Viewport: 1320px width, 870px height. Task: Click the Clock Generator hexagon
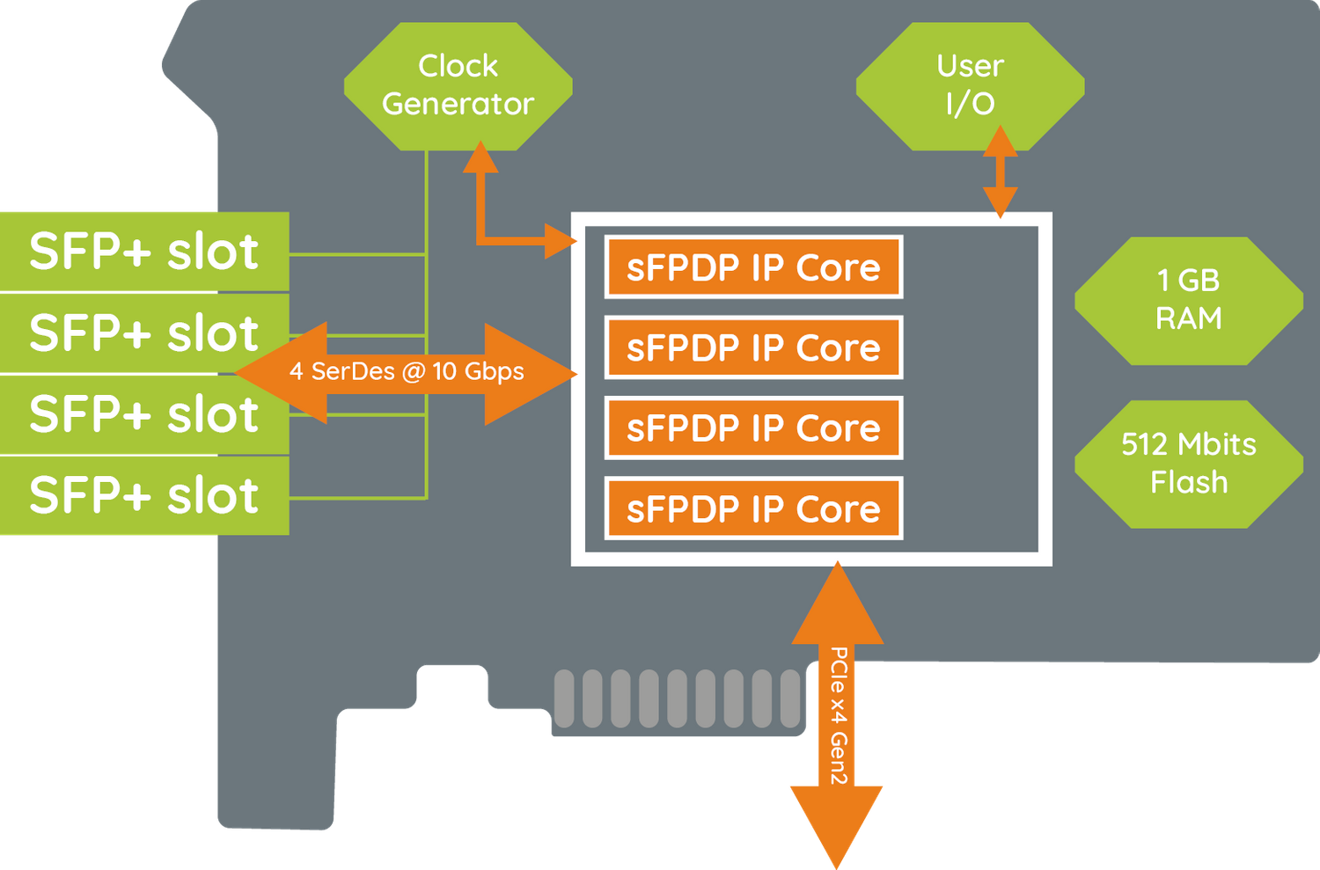point(458,85)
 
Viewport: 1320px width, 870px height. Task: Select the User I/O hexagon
point(970,85)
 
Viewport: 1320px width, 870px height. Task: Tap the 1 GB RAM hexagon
point(1188,300)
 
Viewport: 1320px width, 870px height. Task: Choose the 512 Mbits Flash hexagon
point(1188,464)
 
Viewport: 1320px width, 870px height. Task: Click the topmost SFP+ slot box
point(143,252)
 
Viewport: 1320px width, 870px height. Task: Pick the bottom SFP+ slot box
point(143,495)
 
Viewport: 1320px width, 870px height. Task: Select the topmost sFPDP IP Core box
point(753,267)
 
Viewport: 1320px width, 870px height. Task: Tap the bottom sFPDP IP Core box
point(753,509)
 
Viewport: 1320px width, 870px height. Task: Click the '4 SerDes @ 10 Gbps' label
point(407,372)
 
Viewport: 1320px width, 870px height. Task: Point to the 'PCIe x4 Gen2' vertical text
point(838,715)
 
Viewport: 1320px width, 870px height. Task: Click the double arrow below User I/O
point(1000,172)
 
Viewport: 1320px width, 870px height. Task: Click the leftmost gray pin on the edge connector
point(564,698)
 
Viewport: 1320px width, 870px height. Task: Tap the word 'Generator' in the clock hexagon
point(458,104)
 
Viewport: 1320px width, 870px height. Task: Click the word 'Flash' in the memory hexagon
point(1188,482)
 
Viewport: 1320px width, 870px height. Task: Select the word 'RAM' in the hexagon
point(1188,318)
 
